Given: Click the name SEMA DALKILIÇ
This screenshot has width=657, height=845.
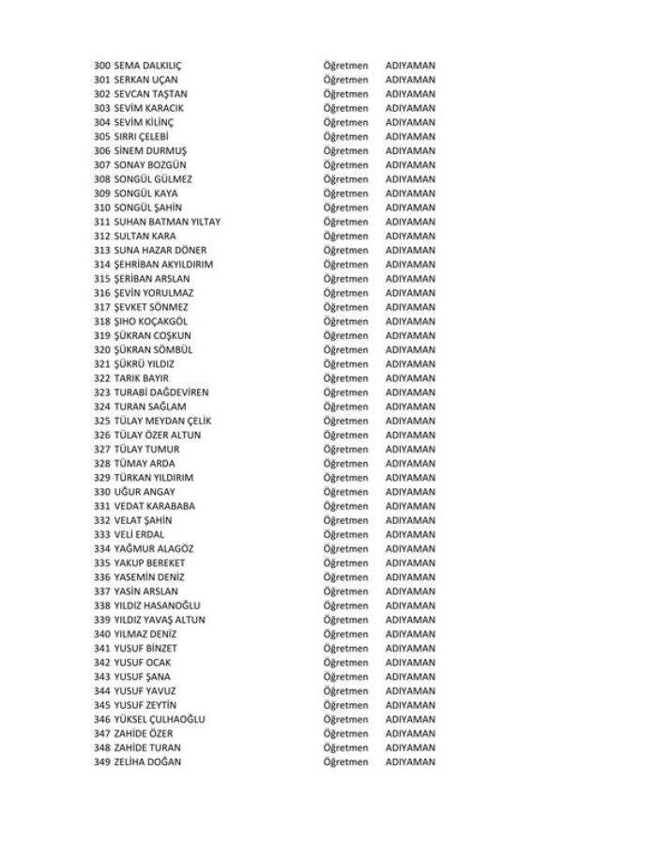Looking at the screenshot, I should pos(147,66).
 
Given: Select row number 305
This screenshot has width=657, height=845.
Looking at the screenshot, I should pos(102,137).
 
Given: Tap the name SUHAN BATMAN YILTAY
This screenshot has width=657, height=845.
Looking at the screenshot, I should pos(167,222).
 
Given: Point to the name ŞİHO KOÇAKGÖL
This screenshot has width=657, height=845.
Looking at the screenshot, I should pos(151,321).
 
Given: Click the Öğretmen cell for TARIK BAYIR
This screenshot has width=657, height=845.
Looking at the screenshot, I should pos(345,378).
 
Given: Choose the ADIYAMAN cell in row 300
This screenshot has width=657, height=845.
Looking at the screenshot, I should pos(410,66).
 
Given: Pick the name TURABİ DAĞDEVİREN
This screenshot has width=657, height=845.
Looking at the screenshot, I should pos(161,392).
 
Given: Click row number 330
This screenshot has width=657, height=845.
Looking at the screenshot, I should pos(102,492).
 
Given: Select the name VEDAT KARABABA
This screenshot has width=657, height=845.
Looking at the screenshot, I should pos(154,506).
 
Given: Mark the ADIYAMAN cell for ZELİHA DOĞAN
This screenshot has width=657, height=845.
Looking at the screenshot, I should pos(410,761).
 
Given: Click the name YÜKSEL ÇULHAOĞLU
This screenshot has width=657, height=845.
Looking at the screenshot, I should pos(160,719).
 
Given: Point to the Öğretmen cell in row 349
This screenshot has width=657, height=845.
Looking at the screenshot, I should pos(345,761).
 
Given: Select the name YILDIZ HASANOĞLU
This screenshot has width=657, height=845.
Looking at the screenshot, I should pos(157,606).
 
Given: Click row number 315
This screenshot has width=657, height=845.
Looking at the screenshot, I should pos(102,279).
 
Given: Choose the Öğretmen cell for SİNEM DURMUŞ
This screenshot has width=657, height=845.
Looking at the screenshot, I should pos(345,151).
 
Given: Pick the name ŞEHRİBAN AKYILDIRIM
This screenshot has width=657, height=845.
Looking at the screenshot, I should pos(163,265).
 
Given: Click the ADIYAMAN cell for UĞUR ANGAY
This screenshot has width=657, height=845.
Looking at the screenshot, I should pos(410,492).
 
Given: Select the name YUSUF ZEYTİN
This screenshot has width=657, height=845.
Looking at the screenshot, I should pos(145,705).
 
